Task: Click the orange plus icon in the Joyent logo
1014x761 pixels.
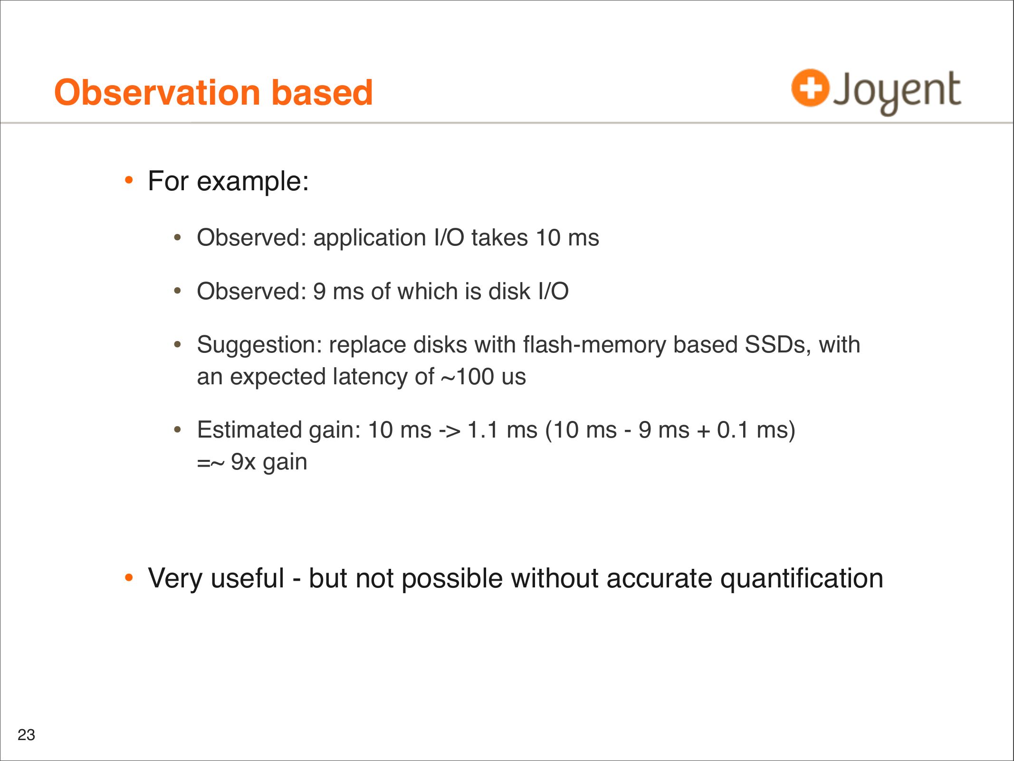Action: click(810, 88)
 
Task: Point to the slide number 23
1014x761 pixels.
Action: click(26, 735)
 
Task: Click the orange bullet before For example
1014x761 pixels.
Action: click(128, 181)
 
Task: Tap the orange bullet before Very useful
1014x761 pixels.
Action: click(128, 578)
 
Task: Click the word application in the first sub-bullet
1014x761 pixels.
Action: click(370, 238)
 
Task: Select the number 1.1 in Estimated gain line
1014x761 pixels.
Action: click(483, 430)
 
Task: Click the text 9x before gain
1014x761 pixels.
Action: click(243, 462)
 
